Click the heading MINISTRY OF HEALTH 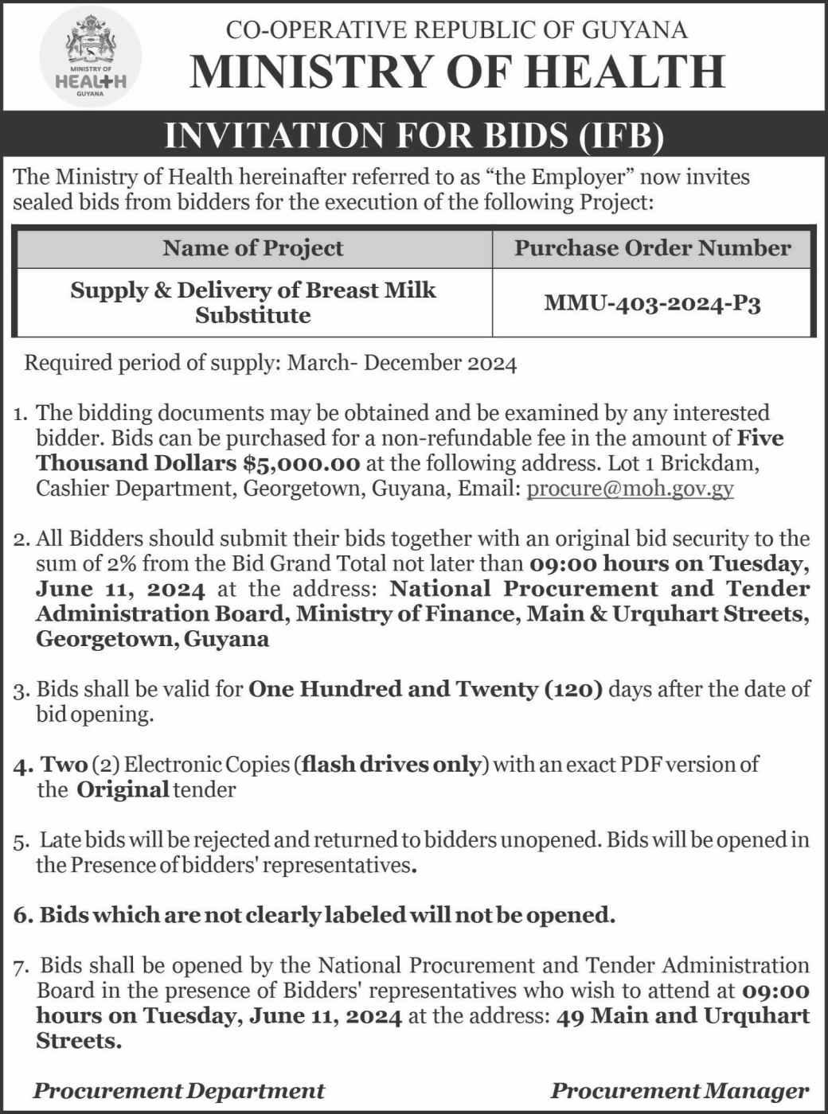(457, 71)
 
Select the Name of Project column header (252, 248)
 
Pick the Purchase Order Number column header (652, 248)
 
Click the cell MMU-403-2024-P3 (652, 302)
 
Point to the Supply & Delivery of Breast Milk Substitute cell (252, 302)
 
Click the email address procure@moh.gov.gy (630, 488)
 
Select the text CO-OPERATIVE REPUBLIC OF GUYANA (456, 30)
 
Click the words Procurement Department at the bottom (178, 1090)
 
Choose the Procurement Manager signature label (679, 1090)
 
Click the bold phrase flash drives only (393, 765)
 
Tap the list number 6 (21, 915)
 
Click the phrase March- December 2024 (402, 364)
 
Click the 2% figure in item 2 (114, 564)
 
